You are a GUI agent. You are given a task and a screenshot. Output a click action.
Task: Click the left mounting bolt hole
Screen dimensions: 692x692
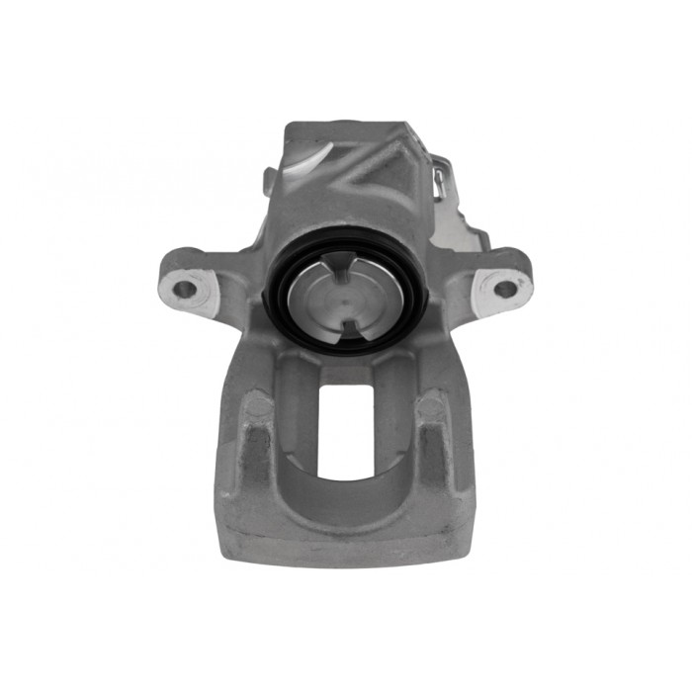pyautogui.click(x=185, y=290)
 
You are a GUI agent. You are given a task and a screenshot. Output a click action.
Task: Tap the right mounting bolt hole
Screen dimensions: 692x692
pyautogui.click(x=504, y=289)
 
